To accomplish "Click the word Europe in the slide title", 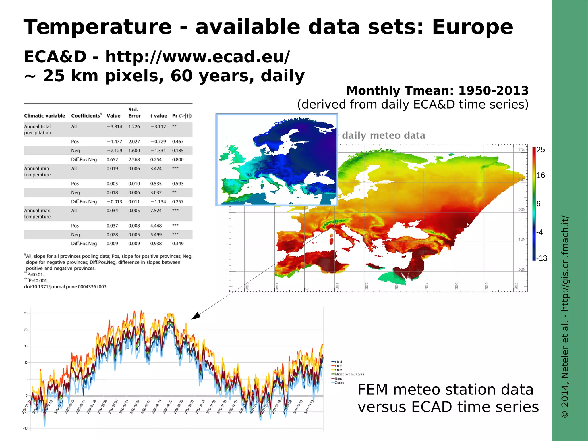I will click(472, 27).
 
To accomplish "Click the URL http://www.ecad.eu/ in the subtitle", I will click(198, 57).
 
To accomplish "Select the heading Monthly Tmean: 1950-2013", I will click(437, 91).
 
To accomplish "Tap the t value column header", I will click(158, 116).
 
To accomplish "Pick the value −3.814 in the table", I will click(114, 126).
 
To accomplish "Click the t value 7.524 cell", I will click(156, 211).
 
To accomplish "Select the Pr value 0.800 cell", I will click(178, 159).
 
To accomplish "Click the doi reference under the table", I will click(65, 287).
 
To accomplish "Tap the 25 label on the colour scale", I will click(541, 150).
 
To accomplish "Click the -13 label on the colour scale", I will click(541, 258).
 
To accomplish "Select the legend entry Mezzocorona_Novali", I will click(349, 374).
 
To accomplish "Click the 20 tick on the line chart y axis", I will click(26, 330).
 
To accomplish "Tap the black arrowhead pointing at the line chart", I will click(196, 316).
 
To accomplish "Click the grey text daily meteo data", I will click(383, 135).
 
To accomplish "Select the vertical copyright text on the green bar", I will click(565, 316).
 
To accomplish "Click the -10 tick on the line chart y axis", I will click(25, 428).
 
